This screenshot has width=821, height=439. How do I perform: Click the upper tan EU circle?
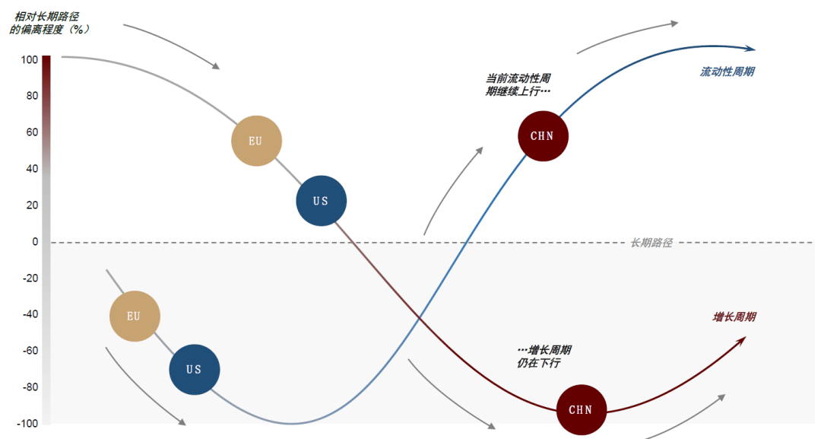[x=257, y=141]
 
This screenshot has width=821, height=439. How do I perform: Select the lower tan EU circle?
[x=135, y=316]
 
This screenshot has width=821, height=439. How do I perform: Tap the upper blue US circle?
[x=322, y=201]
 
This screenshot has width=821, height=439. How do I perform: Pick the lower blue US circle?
[x=195, y=370]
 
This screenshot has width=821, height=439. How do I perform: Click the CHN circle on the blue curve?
[x=543, y=135]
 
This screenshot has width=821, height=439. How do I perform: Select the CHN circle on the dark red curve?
[x=582, y=410]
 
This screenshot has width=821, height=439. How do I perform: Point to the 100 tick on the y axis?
[x=30, y=59]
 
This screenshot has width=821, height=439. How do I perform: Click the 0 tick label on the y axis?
[x=34, y=242]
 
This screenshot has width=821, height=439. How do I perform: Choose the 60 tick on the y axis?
[x=32, y=132]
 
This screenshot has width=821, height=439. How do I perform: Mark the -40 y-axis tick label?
[x=30, y=315]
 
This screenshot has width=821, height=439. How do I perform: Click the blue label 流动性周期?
[x=727, y=72]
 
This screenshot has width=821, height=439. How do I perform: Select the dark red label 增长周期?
[x=734, y=317]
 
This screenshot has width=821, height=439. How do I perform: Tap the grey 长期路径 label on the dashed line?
[x=651, y=243]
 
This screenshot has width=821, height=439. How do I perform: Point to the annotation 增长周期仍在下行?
[x=544, y=356]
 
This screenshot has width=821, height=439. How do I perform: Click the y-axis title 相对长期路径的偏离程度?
[x=49, y=22]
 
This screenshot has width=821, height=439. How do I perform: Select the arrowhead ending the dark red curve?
[x=741, y=339]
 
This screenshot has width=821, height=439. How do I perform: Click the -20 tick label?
[x=30, y=278]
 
